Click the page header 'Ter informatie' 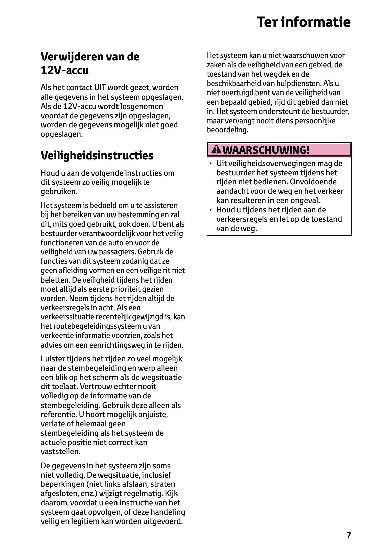tap(304, 22)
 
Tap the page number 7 tap(349, 535)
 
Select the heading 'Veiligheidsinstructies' tap(97, 156)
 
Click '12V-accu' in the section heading tap(65, 70)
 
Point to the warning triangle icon tap(217, 150)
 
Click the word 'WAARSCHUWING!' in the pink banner tap(266, 150)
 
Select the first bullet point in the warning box tap(211, 164)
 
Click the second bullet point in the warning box tap(211, 210)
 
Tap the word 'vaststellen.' tap(61, 451)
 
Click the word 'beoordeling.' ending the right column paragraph tap(227, 130)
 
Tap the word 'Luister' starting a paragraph tap(53, 359)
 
